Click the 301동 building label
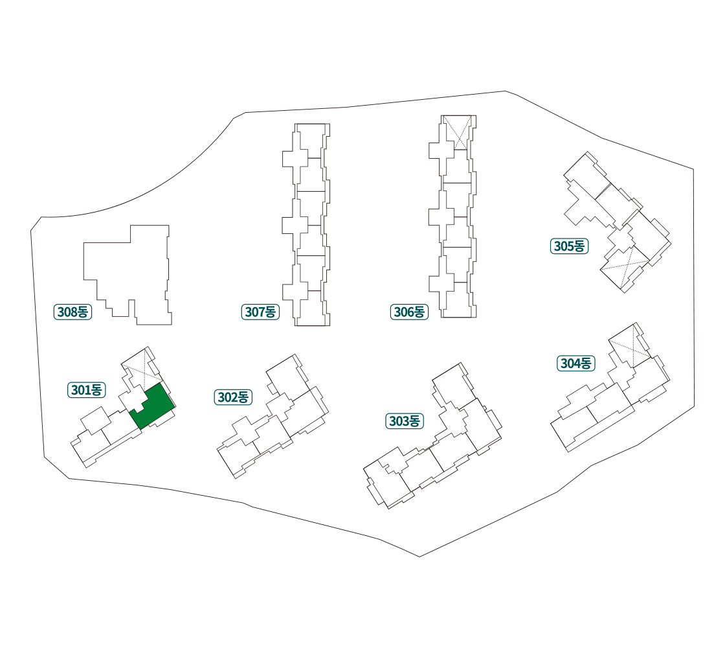[x=87, y=390]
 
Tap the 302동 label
[x=233, y=397]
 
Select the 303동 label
[x=405, y=421]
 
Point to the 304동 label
[x=575, y=364]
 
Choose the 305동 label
[x=569, y=246]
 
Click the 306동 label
[x=409, y=312]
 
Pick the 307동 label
[x=260, y=312]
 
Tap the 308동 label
[x=72, y=312]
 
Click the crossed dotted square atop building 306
[x=456, y=132]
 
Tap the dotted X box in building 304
[x=629, y=346]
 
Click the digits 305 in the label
[x=564, y=246]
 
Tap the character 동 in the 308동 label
[x=84, y=312]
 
